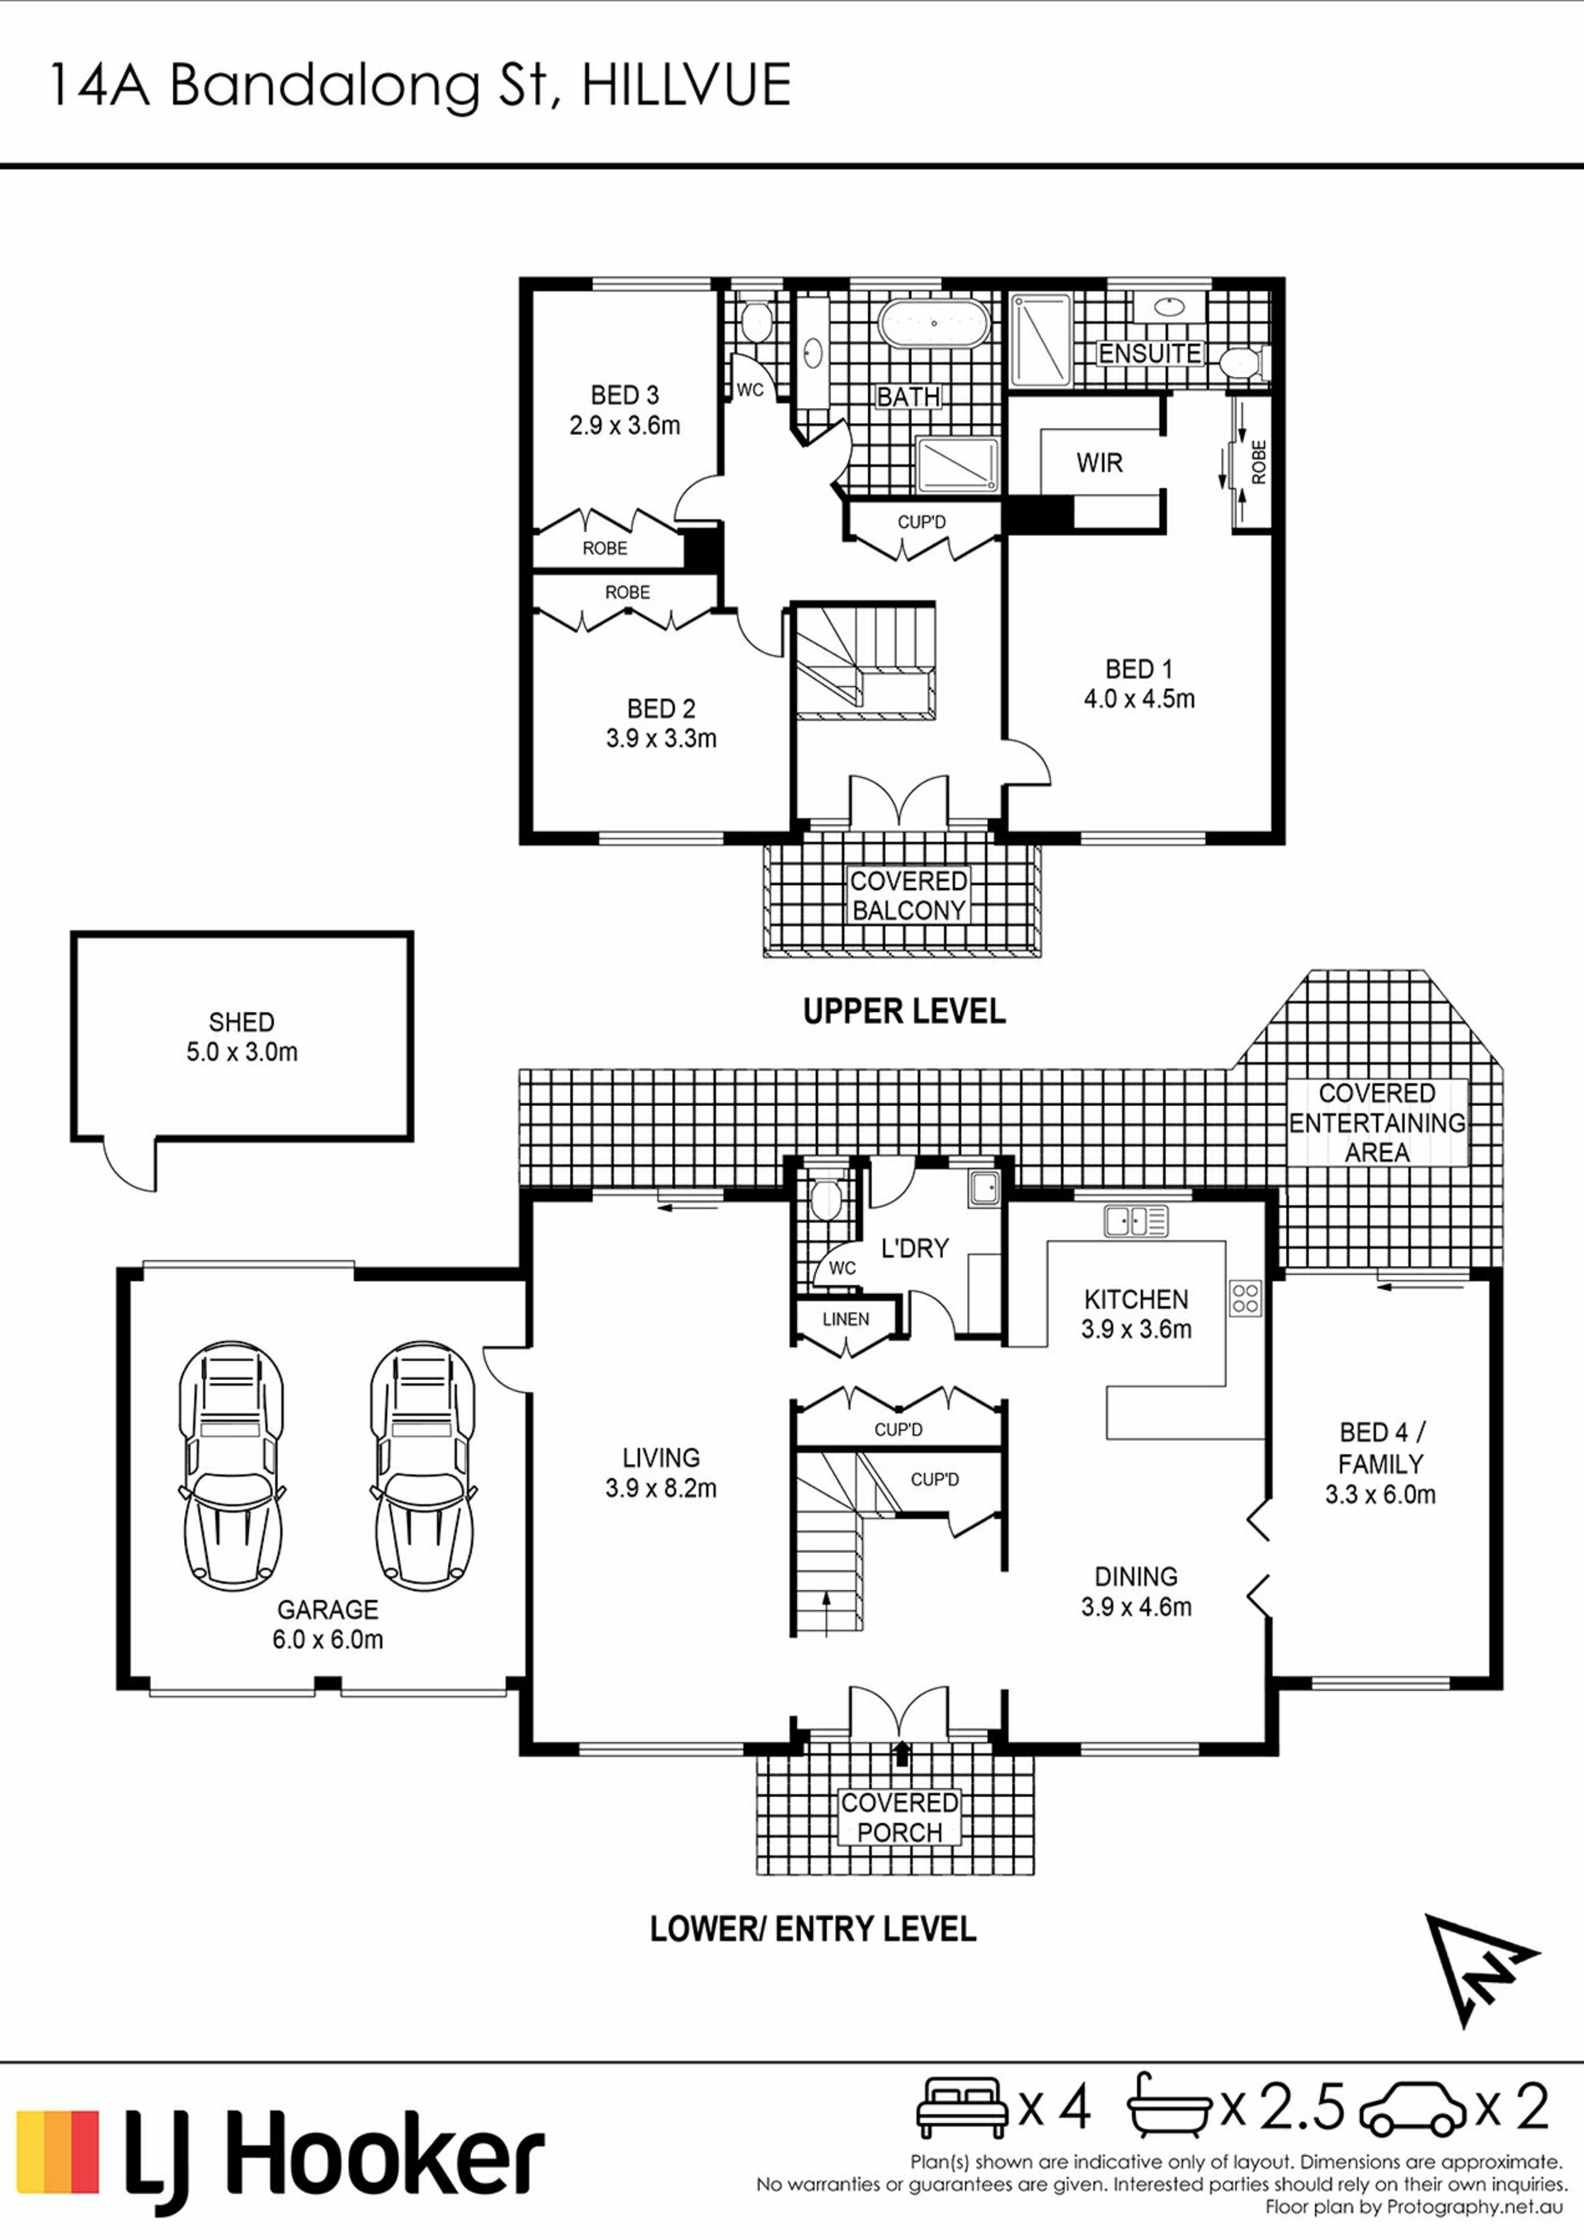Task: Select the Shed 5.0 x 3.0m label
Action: [x=242, y=1036]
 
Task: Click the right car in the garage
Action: [x=422, y=1466]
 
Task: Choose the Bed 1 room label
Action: [x=1139, y=684]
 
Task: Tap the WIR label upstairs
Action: [x=1100, y=463]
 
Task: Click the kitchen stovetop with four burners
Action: [x=1246, y=1297]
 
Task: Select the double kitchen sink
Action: [x=1136, y=1221]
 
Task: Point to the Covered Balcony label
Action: [x=908, y=896]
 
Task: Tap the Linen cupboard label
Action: [x=845, y=1319]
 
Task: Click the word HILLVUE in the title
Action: [x=686, y=85]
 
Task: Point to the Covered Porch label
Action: [x=900, y=1818]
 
